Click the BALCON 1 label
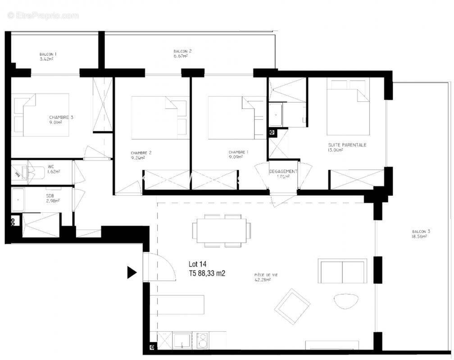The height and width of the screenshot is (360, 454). pos(48,54)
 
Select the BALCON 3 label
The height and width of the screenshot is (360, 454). pos(421,232)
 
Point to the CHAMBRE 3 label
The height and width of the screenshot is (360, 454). pos(61,117)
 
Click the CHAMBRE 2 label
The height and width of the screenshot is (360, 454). pos(141,153)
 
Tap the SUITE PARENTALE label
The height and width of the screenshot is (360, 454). pos(347,145)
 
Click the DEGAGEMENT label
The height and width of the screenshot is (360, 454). pos(283,171)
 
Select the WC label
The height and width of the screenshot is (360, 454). pos(51,166)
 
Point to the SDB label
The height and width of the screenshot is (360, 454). pos(50,196)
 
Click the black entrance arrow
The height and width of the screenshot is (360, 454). pos(132,272)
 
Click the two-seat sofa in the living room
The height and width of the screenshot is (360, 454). pos(343,271)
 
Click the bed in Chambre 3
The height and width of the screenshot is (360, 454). pos(41,114)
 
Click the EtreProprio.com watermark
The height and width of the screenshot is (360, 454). pos(43,15)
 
